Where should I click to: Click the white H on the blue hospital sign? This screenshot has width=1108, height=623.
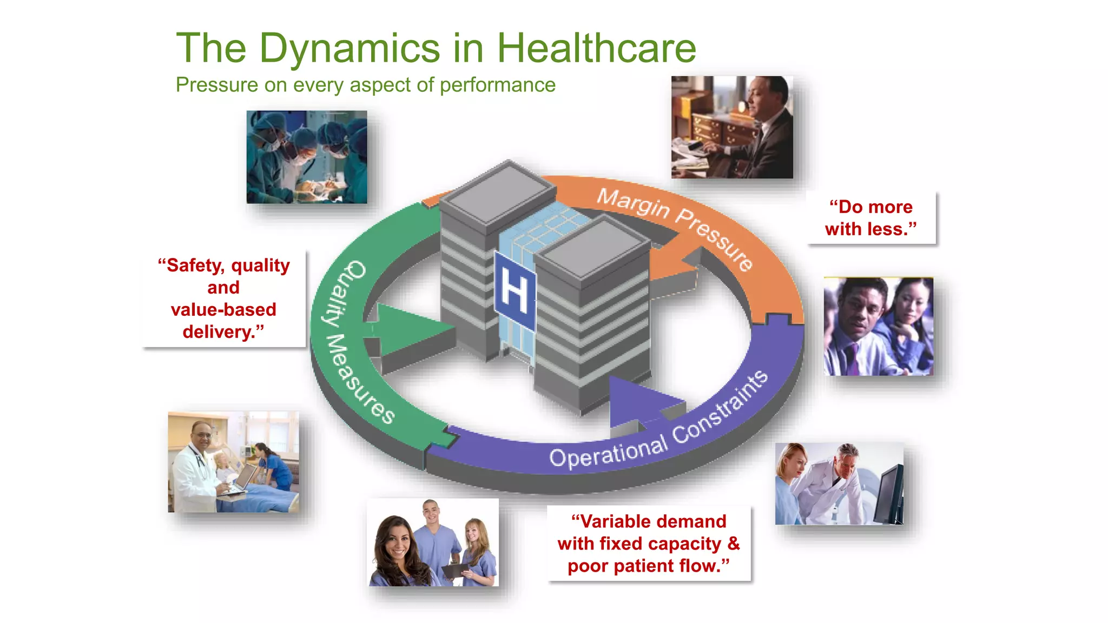pyautogui.click(x=514, y=291)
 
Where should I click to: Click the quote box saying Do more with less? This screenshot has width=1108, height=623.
pyautogui.click(x=870, y=218)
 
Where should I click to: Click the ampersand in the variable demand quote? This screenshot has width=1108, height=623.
pyautogui.click(x=733, y=544)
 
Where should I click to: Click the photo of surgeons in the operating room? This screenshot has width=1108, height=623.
pyautogui.click(x=307, y=157)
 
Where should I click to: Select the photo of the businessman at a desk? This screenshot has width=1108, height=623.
pyautogui.click(x=732, y=128)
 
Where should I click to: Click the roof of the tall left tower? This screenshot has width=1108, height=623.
pyautogui.click(x=498, y=192)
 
